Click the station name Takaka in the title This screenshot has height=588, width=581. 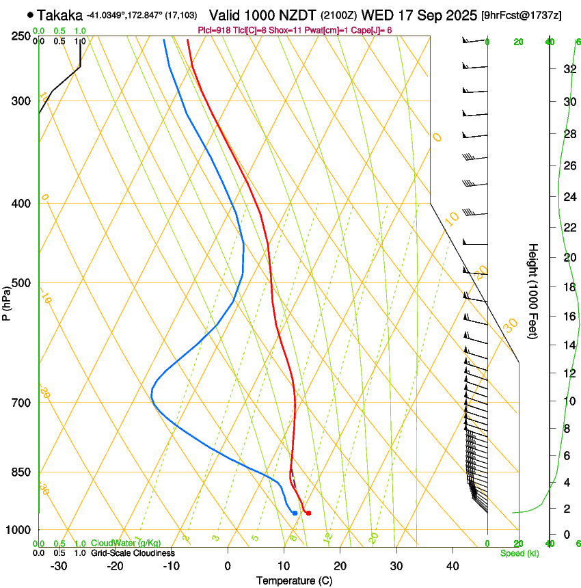[x=60, y=14]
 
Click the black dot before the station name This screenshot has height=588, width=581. [x=30, y=14]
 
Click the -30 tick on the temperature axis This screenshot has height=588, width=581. [x=59, y=566]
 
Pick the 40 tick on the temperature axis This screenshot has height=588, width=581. [x=452, y=566]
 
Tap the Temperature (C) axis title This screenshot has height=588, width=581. [x=294, y=580]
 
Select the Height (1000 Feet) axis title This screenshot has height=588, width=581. [x=533, y=291]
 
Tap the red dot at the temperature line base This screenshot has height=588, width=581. [x=309, y=513]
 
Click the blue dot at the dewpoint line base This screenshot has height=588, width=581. [x=295, y=513]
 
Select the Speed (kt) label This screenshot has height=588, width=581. [x=519, y=553]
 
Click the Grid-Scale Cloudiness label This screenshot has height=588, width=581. [x=133, y=553]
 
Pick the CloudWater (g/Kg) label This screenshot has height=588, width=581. [x=126, y=544]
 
